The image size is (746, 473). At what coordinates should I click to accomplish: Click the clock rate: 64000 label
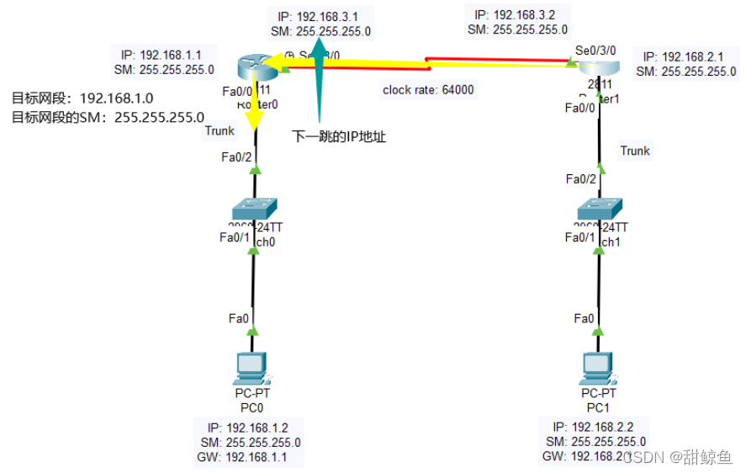[428, 90]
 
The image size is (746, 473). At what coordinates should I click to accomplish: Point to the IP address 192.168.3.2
[520, 14]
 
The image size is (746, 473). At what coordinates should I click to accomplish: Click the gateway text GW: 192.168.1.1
[251, 457]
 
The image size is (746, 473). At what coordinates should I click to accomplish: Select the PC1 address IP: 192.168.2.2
[600, 427]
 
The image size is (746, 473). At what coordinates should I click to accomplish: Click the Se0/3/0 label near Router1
[596, 51]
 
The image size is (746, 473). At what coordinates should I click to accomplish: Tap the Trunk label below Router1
[635, 151]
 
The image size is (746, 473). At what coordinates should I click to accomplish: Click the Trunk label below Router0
[220, 130]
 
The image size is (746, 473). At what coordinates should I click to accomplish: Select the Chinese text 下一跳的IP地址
[339, 136]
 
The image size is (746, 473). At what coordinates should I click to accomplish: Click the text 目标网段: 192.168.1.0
[82, 98]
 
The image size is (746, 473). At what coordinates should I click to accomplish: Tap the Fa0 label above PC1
[584, 318]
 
